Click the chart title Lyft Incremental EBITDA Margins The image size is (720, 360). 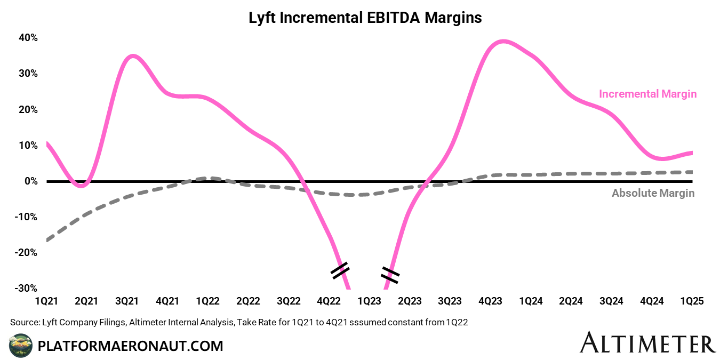point(365,18)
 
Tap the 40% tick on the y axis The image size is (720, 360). point(28,38)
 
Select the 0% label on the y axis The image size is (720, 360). point(30,181)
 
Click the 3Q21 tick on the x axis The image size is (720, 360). point(127,301)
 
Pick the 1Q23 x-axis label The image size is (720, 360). point(369,301)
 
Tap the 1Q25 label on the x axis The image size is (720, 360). point(692,301)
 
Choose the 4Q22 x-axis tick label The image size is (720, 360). point(329,301)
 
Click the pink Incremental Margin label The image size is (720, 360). point(647,94)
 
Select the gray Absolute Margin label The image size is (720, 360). point(653,193)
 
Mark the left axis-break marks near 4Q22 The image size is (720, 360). point(339,270)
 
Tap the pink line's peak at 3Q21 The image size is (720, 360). point(132,55)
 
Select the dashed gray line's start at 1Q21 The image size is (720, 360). point(47,240)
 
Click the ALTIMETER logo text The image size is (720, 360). point(647,343)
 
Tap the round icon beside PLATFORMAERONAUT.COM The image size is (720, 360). point(21,345)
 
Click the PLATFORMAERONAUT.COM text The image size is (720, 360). point(130,346)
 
